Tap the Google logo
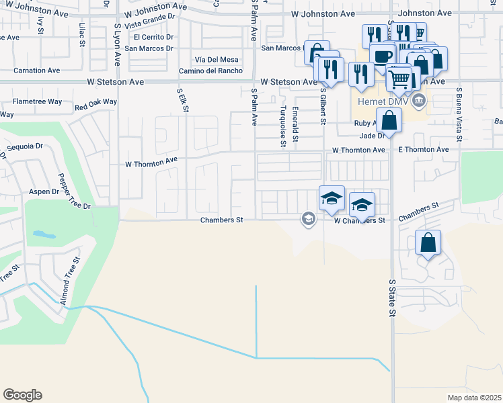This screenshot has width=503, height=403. pos(22,395)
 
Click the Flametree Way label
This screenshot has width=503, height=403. pos(38,102)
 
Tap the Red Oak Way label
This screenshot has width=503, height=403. pos(96,104)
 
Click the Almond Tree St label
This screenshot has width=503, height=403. pos(71,281)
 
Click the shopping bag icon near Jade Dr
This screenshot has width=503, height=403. pos(389,122)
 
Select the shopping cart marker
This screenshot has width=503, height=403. pos(400,80)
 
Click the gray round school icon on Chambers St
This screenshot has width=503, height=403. pos(309,219)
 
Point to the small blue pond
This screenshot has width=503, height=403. pos(43,235)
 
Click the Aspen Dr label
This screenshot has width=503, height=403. pos(44,191)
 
